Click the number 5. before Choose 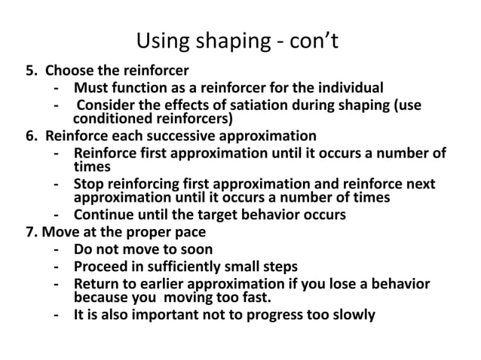coord(32,72)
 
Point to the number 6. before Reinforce coord(32,136)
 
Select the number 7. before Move coord(32,231)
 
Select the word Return coord(96,283)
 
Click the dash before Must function coord(58,88)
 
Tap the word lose coord(343,283)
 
